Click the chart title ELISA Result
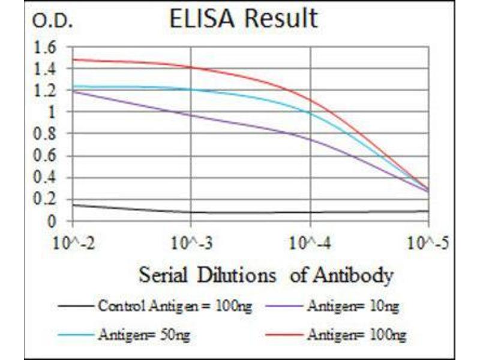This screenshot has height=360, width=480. [243, 19]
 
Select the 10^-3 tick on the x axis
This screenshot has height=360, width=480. [191, 244]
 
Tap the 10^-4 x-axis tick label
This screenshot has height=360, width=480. [310, 244]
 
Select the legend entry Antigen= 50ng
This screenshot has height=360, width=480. [142, 333]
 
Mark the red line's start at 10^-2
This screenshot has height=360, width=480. [73, 59]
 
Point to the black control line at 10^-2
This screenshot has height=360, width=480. [73, 205]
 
